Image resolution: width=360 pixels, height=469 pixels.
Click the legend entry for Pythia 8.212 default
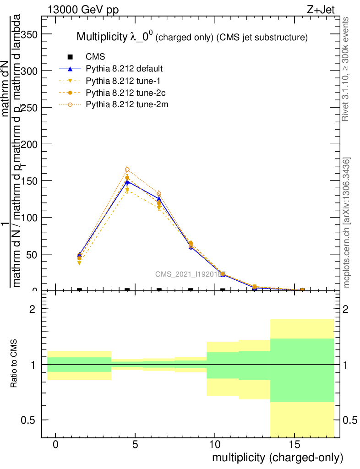coord(124,69)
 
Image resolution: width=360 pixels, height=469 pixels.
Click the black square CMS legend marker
coord(70,57)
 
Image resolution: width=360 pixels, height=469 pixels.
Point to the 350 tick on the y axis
coord(29,34)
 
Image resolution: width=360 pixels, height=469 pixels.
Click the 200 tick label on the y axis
coord(29,144)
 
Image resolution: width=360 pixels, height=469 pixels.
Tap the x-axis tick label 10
coord(215,444)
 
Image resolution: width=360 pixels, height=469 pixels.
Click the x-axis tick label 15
coord(294,444)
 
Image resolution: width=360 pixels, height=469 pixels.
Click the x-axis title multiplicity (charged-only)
coord(277,458)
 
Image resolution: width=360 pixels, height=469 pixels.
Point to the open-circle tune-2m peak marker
coord(127,169)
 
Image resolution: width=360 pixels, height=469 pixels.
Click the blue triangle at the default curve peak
coord(127,182)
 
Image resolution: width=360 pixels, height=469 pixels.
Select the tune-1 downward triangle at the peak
coord(127,190)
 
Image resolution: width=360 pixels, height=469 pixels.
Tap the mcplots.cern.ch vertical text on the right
coord(347,222)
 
